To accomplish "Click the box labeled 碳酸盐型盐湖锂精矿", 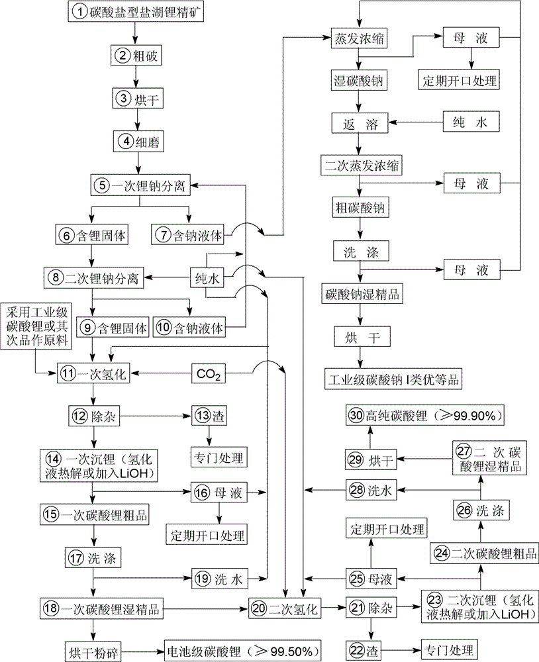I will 135,11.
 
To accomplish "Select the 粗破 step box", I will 135,56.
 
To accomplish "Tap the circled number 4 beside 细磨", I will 124,142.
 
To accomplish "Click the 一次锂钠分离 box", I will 142,186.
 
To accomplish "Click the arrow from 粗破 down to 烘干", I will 136,77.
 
